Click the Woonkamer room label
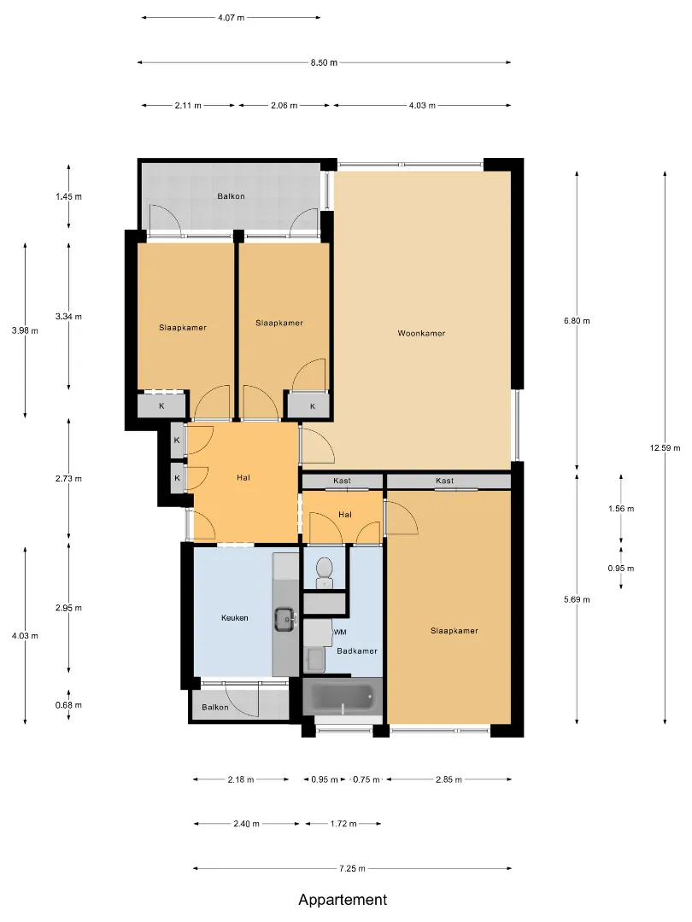point(421,334)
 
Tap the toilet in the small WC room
point(325,573)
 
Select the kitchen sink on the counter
point(285,620)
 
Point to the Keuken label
point(235,618)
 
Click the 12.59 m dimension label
point(665,448)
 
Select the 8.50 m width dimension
point(325,62)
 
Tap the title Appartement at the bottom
point(343,900)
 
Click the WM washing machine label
point(339,632)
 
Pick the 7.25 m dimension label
point(352,868)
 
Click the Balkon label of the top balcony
point(231,196)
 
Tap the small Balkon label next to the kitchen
point(214,708)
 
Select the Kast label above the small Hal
point(342,481)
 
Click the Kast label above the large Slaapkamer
point(445,481)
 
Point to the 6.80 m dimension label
point(577,321)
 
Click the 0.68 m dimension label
point(69,705)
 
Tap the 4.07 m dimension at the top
point(232,18)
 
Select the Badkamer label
point(357,651)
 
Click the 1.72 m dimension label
point(343,824)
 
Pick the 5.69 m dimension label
point(577,600)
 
